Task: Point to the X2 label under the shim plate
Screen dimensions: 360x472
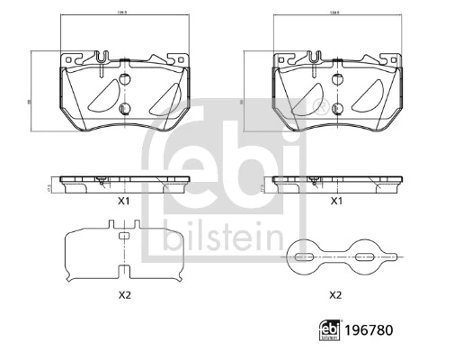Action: (126, 294)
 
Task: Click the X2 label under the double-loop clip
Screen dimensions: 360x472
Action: (334, 294)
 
